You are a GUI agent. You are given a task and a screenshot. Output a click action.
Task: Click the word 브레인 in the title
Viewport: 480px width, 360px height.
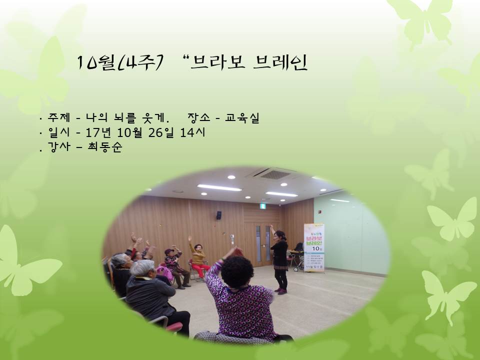pos(281,62)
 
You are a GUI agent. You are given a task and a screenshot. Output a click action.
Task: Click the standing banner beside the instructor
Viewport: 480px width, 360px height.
pos(314,248)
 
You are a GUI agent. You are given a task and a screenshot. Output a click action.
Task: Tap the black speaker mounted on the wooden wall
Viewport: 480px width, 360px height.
pos(219,215)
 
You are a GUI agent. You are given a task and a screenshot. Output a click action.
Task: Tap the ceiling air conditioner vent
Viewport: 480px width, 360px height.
pos(273,173)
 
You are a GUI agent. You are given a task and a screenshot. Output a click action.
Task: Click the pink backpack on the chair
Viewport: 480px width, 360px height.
pos(164,273)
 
